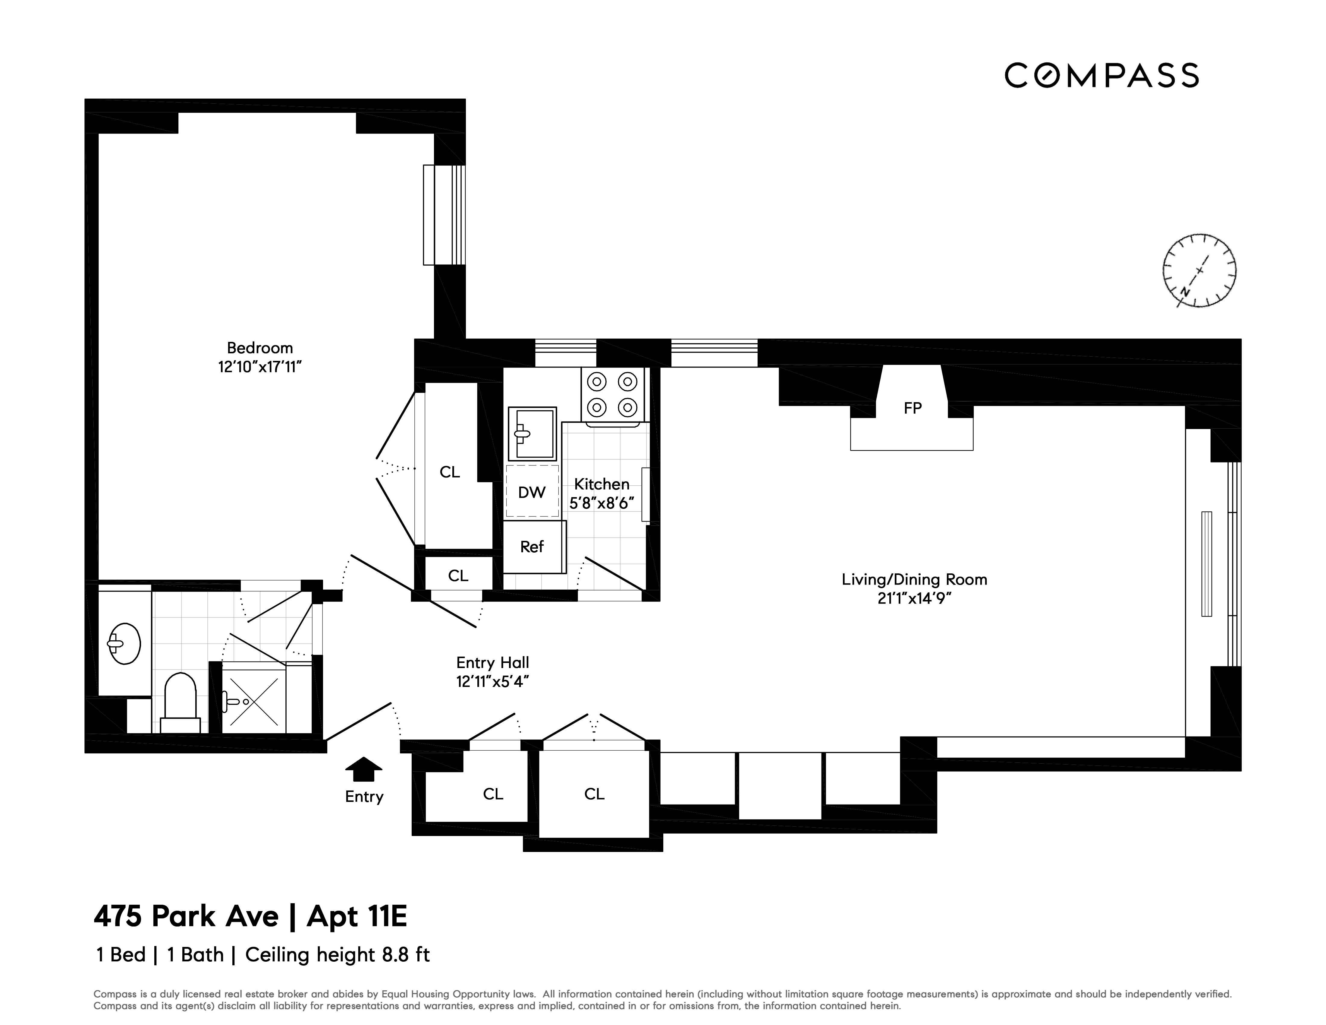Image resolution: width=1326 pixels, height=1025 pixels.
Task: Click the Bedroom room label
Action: [x=260, y=348]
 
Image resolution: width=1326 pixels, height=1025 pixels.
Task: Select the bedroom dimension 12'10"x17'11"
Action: [x=260, y=367]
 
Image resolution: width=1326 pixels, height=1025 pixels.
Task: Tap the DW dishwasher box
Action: [x=532, y=492]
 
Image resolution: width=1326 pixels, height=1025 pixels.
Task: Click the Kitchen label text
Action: [x=602, y=484]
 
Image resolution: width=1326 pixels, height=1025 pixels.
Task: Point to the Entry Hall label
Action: [x=492, y=663]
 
